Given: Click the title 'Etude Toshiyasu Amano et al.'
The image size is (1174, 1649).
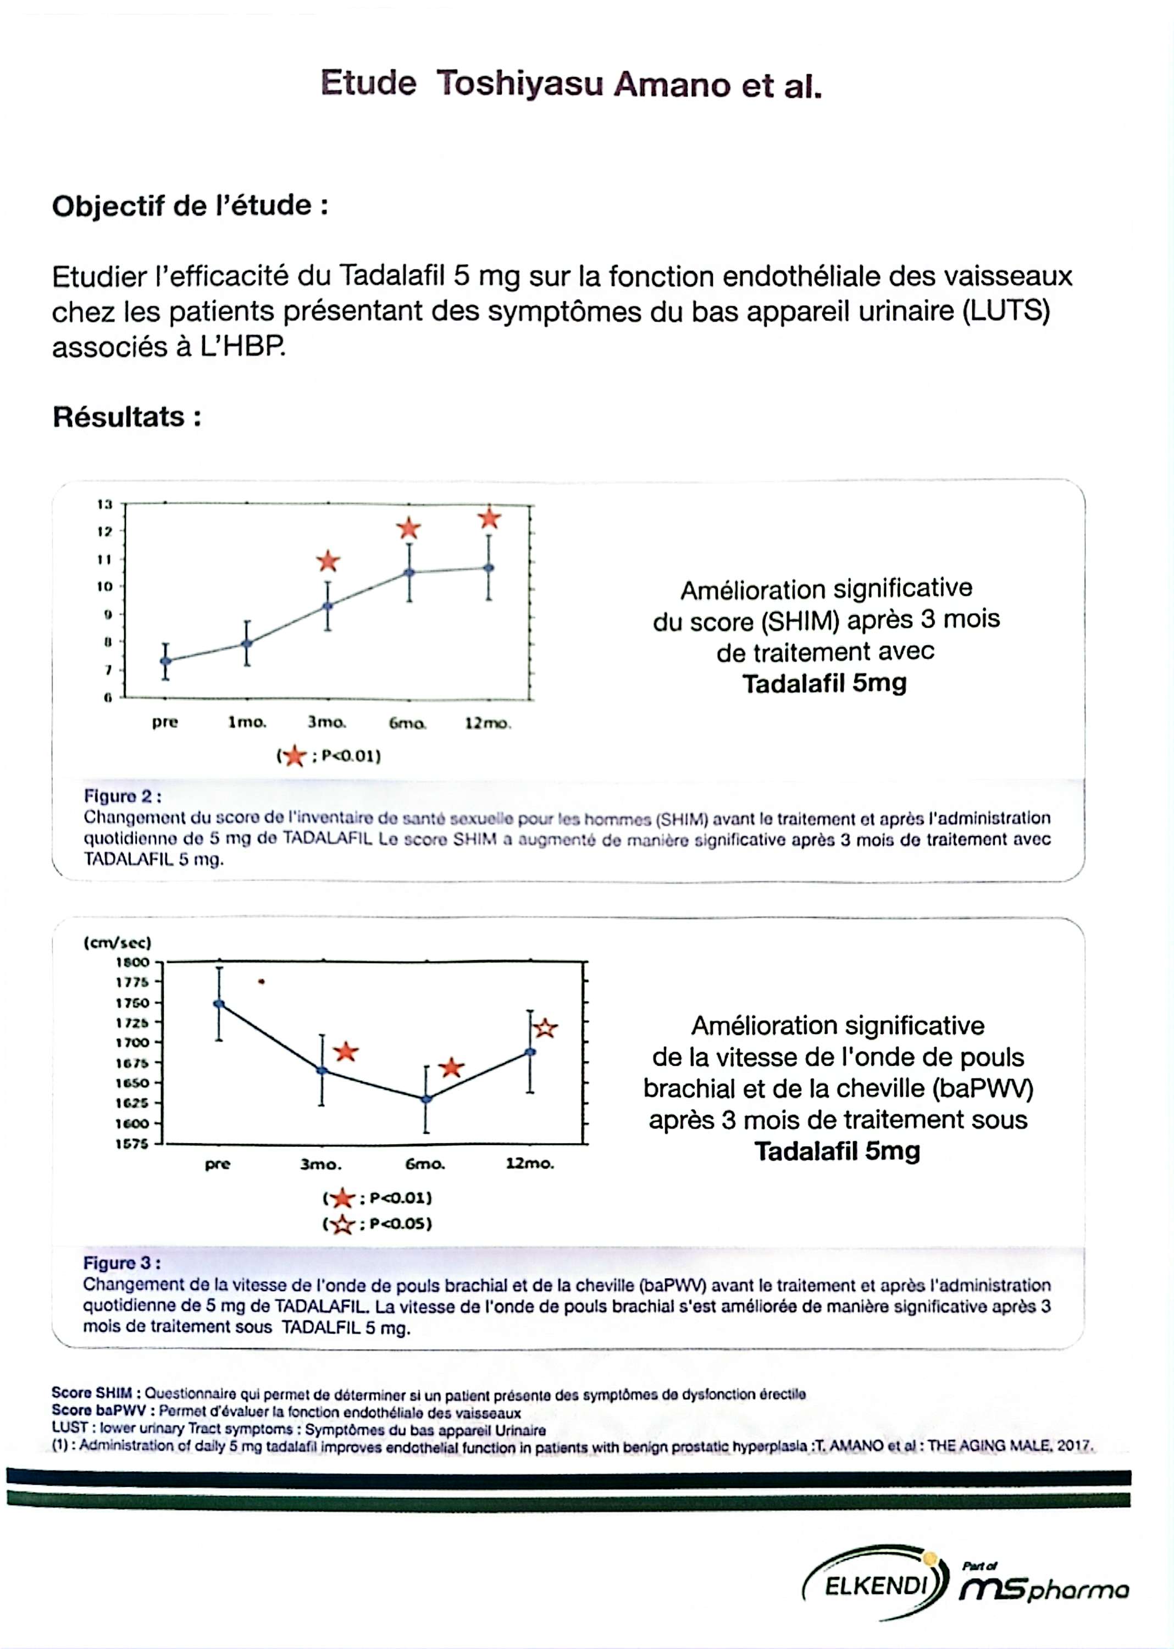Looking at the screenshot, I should [571, 85].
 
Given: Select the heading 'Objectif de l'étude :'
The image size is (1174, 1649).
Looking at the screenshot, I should [190, 206].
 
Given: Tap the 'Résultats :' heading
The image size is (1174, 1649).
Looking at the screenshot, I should [126, 417].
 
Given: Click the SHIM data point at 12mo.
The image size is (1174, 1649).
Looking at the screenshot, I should [489, 567].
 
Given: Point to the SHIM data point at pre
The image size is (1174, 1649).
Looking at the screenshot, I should [165, 660].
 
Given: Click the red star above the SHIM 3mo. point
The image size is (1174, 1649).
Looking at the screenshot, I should [328, 561].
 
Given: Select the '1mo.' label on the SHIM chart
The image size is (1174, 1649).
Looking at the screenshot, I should [247, 722].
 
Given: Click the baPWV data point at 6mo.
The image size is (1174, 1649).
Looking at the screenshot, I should [426, 1099].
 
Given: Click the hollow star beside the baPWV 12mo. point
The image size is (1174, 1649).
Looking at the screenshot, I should [546, 1028].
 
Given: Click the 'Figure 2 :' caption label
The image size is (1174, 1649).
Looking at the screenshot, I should [122, 796].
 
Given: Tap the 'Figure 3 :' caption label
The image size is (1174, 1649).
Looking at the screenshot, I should [121, 1263].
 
